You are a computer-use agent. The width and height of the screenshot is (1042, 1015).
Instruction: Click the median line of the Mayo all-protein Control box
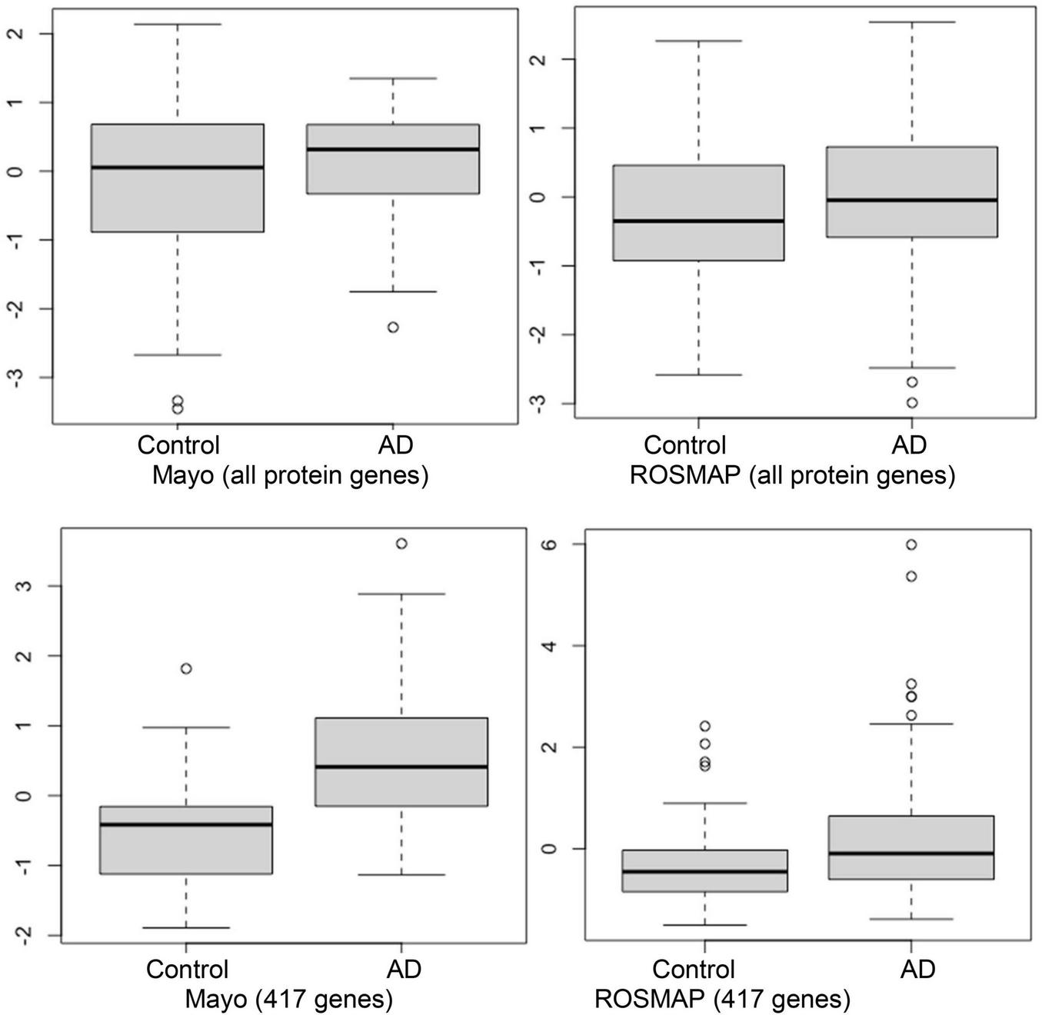[178, 167]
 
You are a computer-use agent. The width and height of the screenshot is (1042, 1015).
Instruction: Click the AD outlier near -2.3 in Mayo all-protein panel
[393, 328]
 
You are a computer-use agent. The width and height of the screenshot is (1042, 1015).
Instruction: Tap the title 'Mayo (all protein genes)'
[290, 475]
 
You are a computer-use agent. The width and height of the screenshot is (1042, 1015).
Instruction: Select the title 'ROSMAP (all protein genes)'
[792, 475]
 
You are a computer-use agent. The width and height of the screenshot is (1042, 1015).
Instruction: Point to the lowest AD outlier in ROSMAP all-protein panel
[912, 402]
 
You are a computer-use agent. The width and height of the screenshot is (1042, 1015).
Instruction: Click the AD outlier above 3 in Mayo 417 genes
[401, 544]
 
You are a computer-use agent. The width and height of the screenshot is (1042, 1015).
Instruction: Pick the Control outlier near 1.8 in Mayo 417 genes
[186, 669]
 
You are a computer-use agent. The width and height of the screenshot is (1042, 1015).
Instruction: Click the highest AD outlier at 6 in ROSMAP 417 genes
[911, 544]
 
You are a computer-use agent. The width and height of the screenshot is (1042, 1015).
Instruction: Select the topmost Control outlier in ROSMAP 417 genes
[705, 726]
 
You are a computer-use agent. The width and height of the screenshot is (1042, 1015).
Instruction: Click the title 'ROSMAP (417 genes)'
[723, 999]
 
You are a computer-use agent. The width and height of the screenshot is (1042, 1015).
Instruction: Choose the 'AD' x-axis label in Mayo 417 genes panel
[404, 969]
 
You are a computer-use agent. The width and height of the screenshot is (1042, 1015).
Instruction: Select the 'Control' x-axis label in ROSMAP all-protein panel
[684, 444]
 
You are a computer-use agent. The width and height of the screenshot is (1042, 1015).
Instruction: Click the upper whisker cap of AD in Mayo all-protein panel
[393, 78]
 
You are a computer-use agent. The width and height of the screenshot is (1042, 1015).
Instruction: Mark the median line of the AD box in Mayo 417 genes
[401, 767]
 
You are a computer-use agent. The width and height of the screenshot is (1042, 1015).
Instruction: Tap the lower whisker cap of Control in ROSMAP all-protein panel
[699, 374]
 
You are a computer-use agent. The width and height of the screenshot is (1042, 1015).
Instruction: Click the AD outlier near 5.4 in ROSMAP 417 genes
[911, 577]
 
